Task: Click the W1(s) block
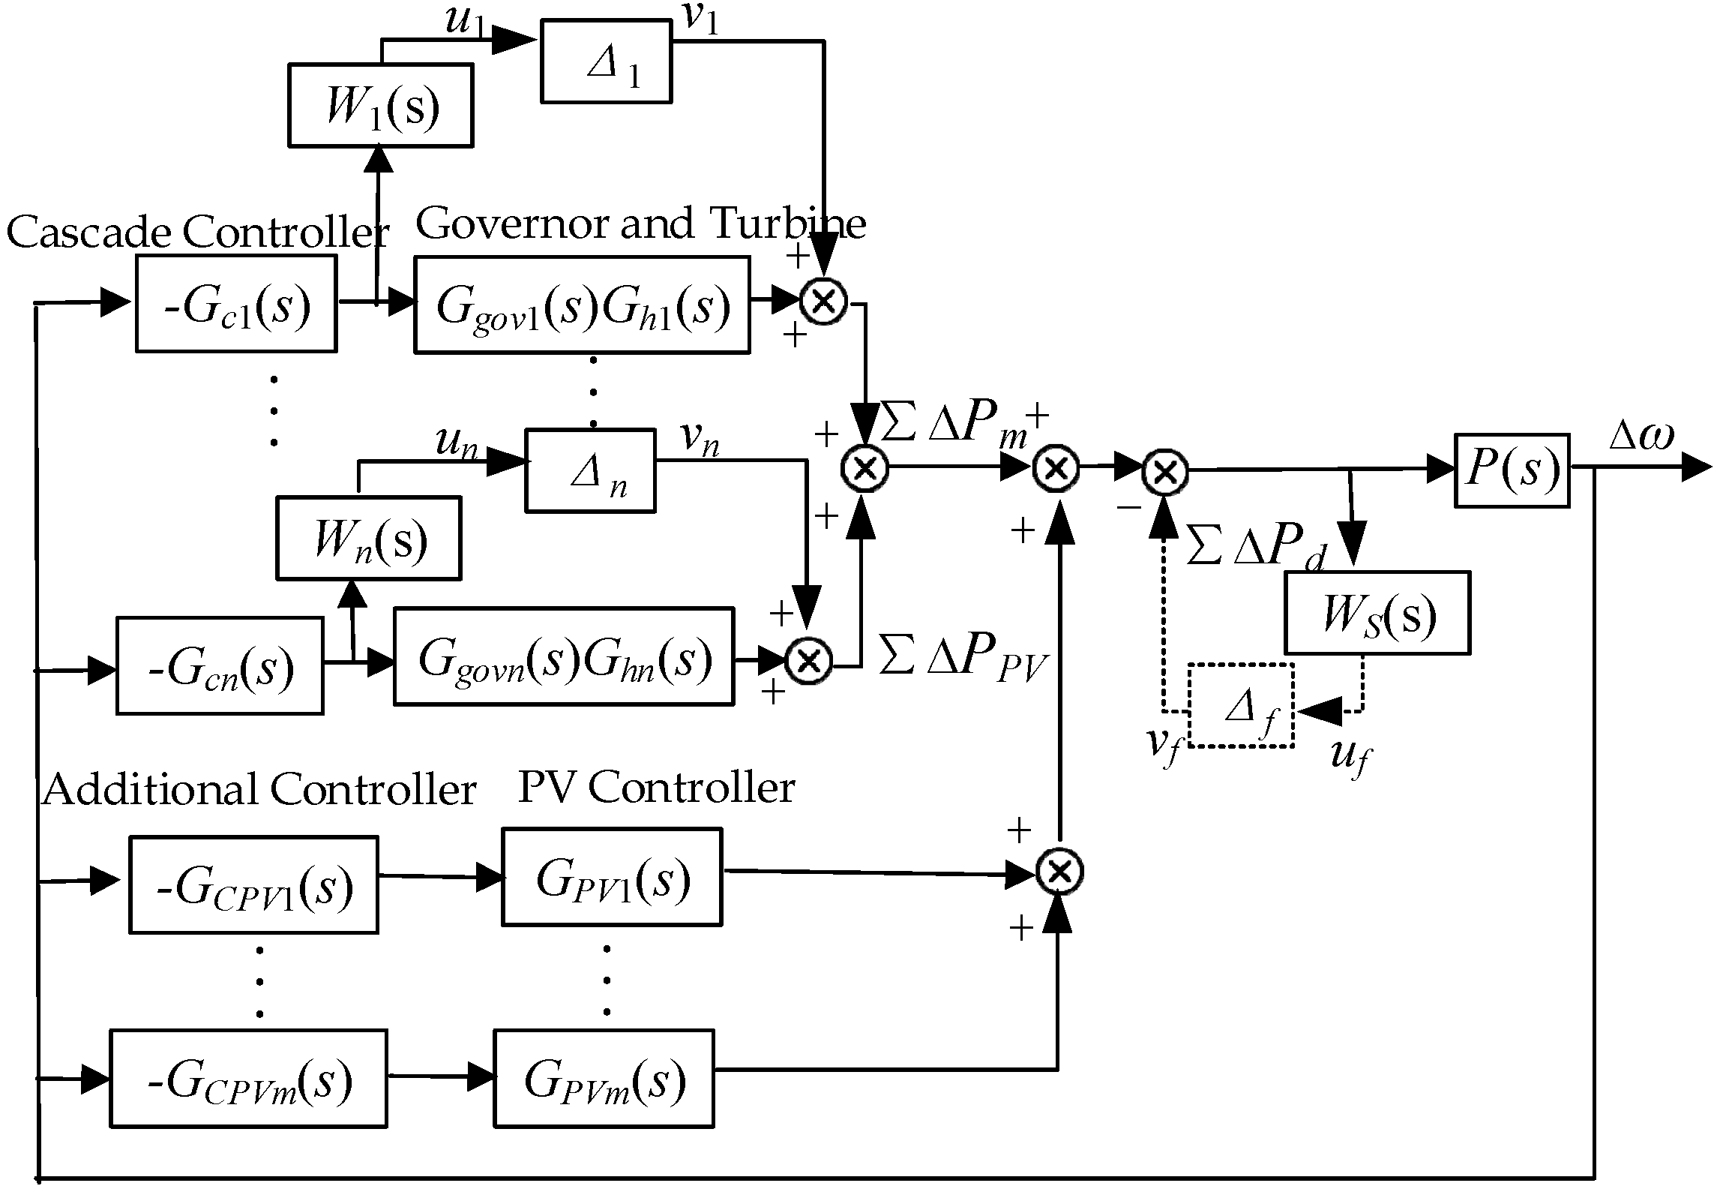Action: [x=381, y=105]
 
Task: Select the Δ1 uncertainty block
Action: [x=606, y=62]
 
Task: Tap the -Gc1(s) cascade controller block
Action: [x=236, y=304]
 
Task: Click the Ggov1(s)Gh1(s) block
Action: [x=582, y=305]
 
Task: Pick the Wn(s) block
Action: [x=368, y=538]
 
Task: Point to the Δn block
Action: [x=590, y=470]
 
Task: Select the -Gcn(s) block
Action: [x=220, y=665]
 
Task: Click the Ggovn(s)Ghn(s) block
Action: [x=564, y=657]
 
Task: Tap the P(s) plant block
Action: [x=1512, y=470]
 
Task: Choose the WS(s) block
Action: [x=1377, y=613]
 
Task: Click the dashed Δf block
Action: [x=1241, y=705]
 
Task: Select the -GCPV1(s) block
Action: [x=253, y=885]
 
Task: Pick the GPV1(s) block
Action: [x=612, y=877]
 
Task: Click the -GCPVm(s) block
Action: [x=248, y=1079]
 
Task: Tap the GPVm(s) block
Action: [x=604, y=1079]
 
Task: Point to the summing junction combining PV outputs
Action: [x=1059, y=872]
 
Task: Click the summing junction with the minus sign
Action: [x=1164, y=471]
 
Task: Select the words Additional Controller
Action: [x=259, y=790]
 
